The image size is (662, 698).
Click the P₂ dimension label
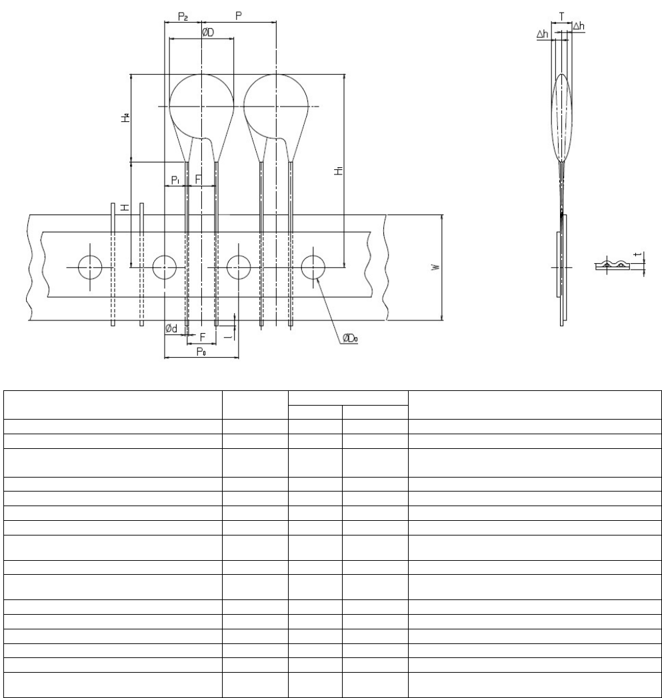(x=183, y=17)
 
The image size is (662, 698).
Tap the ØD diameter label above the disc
(x=207, y=33)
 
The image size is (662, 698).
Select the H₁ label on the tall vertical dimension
(x=339, y=171)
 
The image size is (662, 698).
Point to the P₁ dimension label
(x=175, y=180)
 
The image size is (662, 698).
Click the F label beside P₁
(x=198, y=179)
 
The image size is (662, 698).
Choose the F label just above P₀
(x=203, y=337)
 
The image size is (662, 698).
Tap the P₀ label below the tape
(x=201, y=352)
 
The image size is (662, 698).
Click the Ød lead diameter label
(x=171, y=328)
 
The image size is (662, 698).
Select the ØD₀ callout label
(x=350, y=339)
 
